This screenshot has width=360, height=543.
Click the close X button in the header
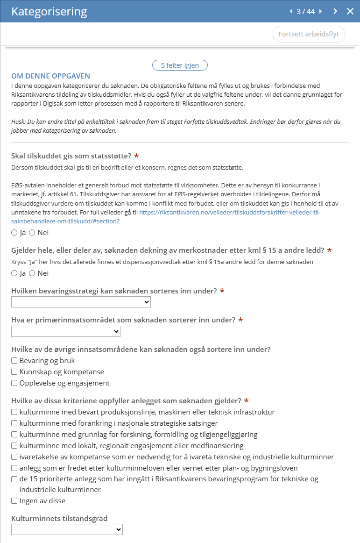coord(350,11)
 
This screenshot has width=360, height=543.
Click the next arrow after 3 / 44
coord(335,11)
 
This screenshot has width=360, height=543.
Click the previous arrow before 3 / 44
coord(291,11)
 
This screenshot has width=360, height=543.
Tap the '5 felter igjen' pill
coord(180,65)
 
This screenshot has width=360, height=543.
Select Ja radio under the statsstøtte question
coord(14,232)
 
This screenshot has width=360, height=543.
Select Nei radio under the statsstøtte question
coord(32,232)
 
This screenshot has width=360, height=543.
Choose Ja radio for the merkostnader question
coord(14,273)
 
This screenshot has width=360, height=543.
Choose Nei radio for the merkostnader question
coord(32,273)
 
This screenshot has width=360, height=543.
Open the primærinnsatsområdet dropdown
coord(66,331)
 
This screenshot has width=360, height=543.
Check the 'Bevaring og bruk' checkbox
coord(14,361)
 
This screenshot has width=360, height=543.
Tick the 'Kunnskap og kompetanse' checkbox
coord(14,372)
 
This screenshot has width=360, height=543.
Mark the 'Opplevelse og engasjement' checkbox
coord(14,383)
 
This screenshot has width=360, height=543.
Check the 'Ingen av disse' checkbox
coord(14,501)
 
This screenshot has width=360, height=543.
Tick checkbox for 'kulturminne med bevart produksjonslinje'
coord(14,412)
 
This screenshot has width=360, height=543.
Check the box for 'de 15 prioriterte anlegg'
coord(14,479)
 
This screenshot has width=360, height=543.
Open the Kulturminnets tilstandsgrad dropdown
coord(67,529)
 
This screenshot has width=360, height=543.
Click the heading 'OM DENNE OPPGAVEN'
coord(50,76)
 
